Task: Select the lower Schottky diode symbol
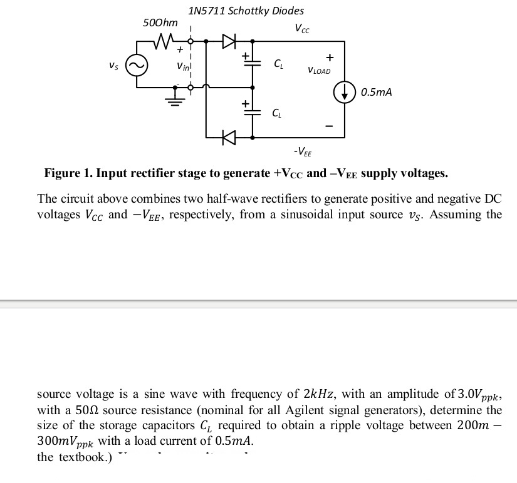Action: click(229, 136)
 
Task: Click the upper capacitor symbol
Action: click(252, 64)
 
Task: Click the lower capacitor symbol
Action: click(252, 113)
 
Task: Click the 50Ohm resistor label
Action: click(160, 23)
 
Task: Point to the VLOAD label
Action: click(319, 71)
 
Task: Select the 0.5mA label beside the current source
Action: click(376, 93)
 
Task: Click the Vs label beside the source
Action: click(113, 64)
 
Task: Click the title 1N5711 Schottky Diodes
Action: click(246, 11)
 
